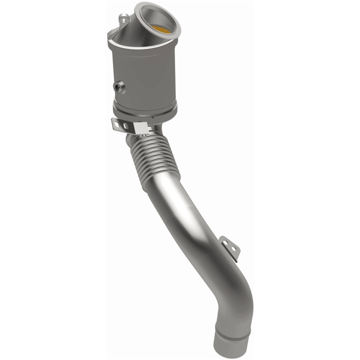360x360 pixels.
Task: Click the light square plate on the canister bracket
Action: pos(142,130)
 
